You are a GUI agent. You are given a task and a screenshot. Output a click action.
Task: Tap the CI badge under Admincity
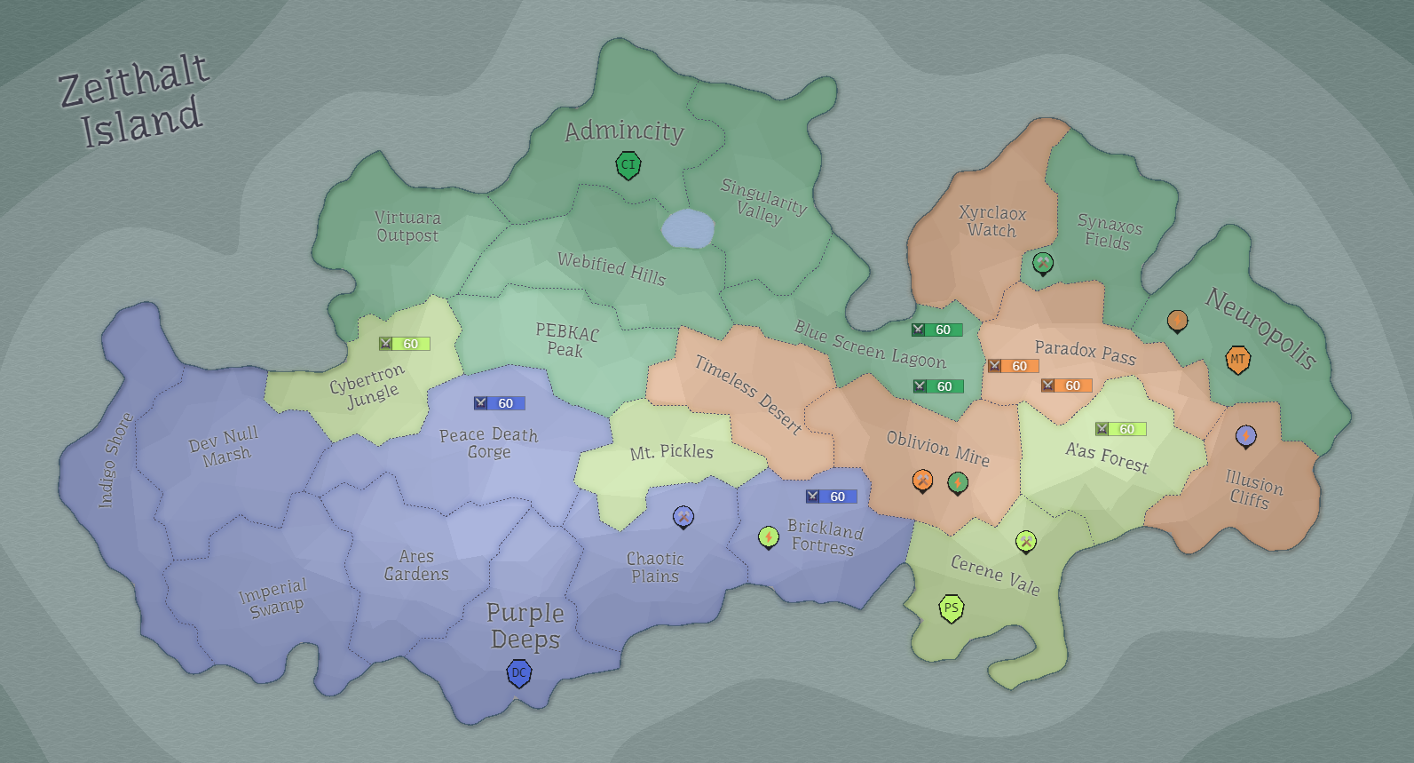[x=628, y=165]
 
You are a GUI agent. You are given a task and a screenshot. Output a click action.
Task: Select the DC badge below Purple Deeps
[x=519, y=673]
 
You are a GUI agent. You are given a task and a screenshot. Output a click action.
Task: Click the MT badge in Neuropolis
[x=1237, y=360]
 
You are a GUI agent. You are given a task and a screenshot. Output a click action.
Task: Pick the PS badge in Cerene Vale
[x=952, y=608]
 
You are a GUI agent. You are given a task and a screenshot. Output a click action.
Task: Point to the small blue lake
[x=688, y=229]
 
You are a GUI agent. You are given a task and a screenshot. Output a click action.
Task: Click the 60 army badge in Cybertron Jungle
[x=405, y=344]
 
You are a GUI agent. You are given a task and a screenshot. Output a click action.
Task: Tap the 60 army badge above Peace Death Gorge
[x=500, y=403]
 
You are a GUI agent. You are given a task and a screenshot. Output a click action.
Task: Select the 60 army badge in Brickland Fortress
[x=832, y=497]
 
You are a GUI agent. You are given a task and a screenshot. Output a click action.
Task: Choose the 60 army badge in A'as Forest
[x=1121, y=429]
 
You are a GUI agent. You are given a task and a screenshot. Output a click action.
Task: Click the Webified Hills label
[x=612, y=268]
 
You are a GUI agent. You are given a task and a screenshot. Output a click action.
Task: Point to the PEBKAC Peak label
[x=566, y=340]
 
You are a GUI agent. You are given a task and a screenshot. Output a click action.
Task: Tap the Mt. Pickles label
[x=672, y=452]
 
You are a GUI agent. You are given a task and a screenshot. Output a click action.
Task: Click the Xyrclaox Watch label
[x=992, y=221]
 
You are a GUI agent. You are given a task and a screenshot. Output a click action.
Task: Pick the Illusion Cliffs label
[x=1252, y=489]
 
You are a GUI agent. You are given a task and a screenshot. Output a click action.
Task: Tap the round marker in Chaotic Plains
[x=683, y=516]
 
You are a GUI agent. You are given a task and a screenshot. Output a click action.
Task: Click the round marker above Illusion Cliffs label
[x=1246, y=435]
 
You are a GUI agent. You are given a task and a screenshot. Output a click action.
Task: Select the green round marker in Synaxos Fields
[x=1043, y=262]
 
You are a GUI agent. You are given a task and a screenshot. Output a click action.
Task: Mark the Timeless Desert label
[x=748, y=394]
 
